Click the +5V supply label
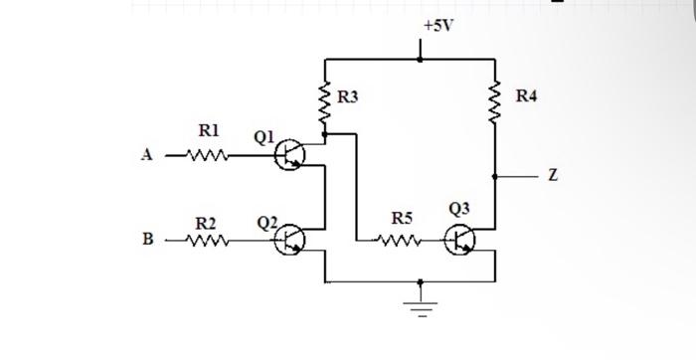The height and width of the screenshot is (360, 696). click(436, 25)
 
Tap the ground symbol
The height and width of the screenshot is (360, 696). click(422, 303)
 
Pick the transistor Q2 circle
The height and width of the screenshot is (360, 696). click(290, 239)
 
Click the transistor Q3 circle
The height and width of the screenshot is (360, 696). click(459, 239)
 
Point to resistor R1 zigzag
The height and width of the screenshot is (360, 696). click(210, 155)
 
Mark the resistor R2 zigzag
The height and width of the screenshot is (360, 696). click(210, 240)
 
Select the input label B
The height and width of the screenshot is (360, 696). click(148, 240)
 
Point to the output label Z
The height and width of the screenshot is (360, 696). click(553, 176)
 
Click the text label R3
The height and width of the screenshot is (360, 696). click(347, 97)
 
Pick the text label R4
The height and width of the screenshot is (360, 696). click(526, 96)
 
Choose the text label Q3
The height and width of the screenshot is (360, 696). click(459, 208)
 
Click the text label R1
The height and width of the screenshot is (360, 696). click(209, 130)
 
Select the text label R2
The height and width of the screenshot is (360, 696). click(206, 222)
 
